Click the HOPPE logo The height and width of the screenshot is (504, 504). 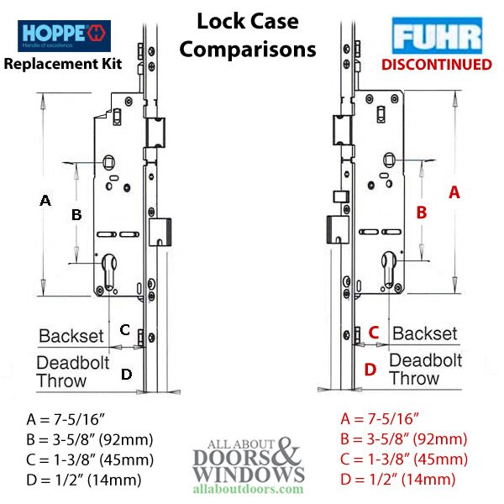pyautogui.click(x=65, y=35)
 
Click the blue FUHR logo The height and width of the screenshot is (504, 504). pyautogui.click(x=437, y=35)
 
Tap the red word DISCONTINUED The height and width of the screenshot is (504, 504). pyautogui.click(x=437, y=65)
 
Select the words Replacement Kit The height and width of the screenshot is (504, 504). pyautogui.click(x=63, y=64)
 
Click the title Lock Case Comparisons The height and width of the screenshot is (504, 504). pyautogui.click(x=248, y=35)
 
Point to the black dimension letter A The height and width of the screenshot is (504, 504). pyautogui.click(x=45, y=201)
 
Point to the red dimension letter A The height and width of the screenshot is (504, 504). pyautogui.click(x=454, y=192)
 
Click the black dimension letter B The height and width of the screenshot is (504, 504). pyautogui.click(x=76, y=215)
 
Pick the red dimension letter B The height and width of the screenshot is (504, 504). pyautogui.click(x=422, y=213)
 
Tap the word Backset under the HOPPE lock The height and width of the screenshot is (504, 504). pyautogui.click(x=71, y=336)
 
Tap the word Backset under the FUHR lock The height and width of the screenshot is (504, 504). pyautogui.click(x=424, y=333)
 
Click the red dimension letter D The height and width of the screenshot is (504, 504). pyautogui.click(x=370, y=370)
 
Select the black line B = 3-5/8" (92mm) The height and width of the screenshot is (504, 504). pyautogui.click(x=90, y=439)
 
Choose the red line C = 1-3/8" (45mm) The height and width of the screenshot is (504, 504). pyautogui.click(x=404, y=459)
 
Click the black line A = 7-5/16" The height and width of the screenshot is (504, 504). pyautogui.click(x=66, y=419)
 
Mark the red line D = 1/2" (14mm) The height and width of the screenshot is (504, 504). pyautogui.click(x=398, y=480)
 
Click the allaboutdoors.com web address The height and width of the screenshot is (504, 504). pyautogui.click(x=248, y=489)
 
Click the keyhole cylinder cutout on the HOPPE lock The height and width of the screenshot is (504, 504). pyautogui.click(x=109, y=270)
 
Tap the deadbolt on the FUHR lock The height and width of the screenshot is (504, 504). pyautogui.click(x=338, y=229)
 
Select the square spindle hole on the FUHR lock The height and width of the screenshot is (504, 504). pyautogui.click(x=390, y=160)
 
